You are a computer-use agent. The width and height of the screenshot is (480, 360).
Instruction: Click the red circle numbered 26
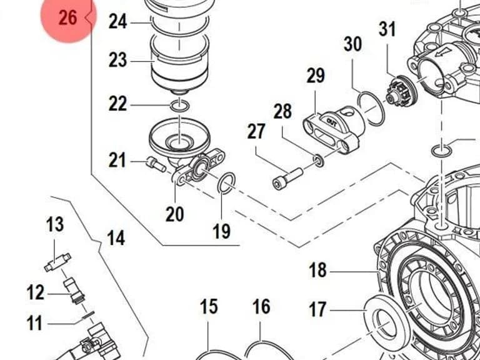[69, 17]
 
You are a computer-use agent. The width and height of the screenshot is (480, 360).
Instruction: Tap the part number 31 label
[387, 29]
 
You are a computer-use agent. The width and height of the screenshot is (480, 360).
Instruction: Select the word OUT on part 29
[331, 122]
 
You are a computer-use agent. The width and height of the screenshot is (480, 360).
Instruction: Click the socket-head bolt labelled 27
[287, 179]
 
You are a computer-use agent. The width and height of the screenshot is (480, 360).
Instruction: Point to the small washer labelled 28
[318, 161]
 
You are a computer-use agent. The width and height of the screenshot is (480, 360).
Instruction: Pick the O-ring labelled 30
[371, 109]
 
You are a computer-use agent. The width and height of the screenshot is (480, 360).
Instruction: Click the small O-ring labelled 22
[180, 106]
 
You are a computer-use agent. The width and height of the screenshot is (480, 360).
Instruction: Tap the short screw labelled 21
[156, 164]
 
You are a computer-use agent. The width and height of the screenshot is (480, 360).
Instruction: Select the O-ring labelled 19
[226, 183]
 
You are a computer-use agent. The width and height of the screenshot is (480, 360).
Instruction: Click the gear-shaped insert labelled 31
[401, 91]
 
